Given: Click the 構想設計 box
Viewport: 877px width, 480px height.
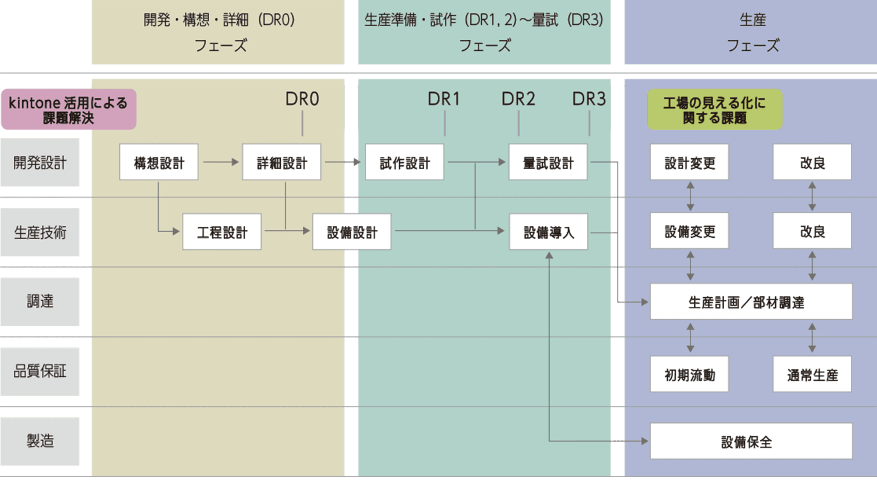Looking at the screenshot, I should (x=159, y=162).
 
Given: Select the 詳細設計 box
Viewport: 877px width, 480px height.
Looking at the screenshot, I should (x=281, y=162).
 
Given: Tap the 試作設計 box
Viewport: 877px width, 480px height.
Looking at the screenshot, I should (x=404, y=162).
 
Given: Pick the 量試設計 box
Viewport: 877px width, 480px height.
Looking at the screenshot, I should (x=548, y=162).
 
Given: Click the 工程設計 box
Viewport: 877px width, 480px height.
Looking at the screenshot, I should (x=222, y=232).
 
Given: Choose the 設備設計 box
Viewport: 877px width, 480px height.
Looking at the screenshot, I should (x=352, y=232).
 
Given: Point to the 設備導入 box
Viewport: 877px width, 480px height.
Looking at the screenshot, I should (x=548, y=232).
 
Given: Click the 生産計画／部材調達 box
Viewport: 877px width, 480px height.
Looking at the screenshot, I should (x=751, y=302).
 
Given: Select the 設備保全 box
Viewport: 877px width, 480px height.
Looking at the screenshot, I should (x=751, y=442).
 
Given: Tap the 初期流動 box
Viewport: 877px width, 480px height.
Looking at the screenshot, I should (x=689, y=374).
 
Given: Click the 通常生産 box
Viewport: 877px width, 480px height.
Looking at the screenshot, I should (x=812, y=374).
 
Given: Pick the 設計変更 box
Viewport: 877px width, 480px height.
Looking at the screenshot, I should (x=689, y=162).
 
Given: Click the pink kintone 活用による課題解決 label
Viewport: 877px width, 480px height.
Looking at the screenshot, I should (x=68, y=110).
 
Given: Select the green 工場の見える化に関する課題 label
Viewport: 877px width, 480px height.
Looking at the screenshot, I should (x=714, y=110).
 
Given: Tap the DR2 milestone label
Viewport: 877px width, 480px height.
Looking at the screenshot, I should (x=518, y=99).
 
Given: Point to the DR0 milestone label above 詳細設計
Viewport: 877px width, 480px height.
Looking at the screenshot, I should (x=302, y=99).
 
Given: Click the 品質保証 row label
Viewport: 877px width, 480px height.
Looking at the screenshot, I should (x=40, y=372).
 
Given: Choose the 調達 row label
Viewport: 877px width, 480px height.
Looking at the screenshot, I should (x=40, y=302).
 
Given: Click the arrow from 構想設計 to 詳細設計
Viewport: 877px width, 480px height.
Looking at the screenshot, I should (x=221, y=162).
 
